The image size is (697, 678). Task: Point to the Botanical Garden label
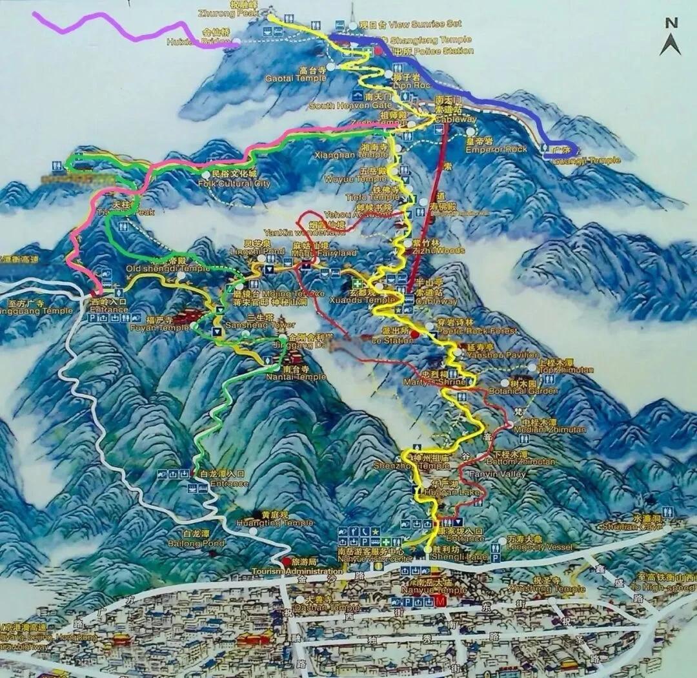(x=533, y=391)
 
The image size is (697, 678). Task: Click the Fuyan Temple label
(x=159, y=327)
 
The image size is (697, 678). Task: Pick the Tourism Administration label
(x=297, y=571)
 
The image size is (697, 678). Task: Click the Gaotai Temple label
(x=304, y=77)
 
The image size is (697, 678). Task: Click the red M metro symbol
(x=441, y=602)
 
